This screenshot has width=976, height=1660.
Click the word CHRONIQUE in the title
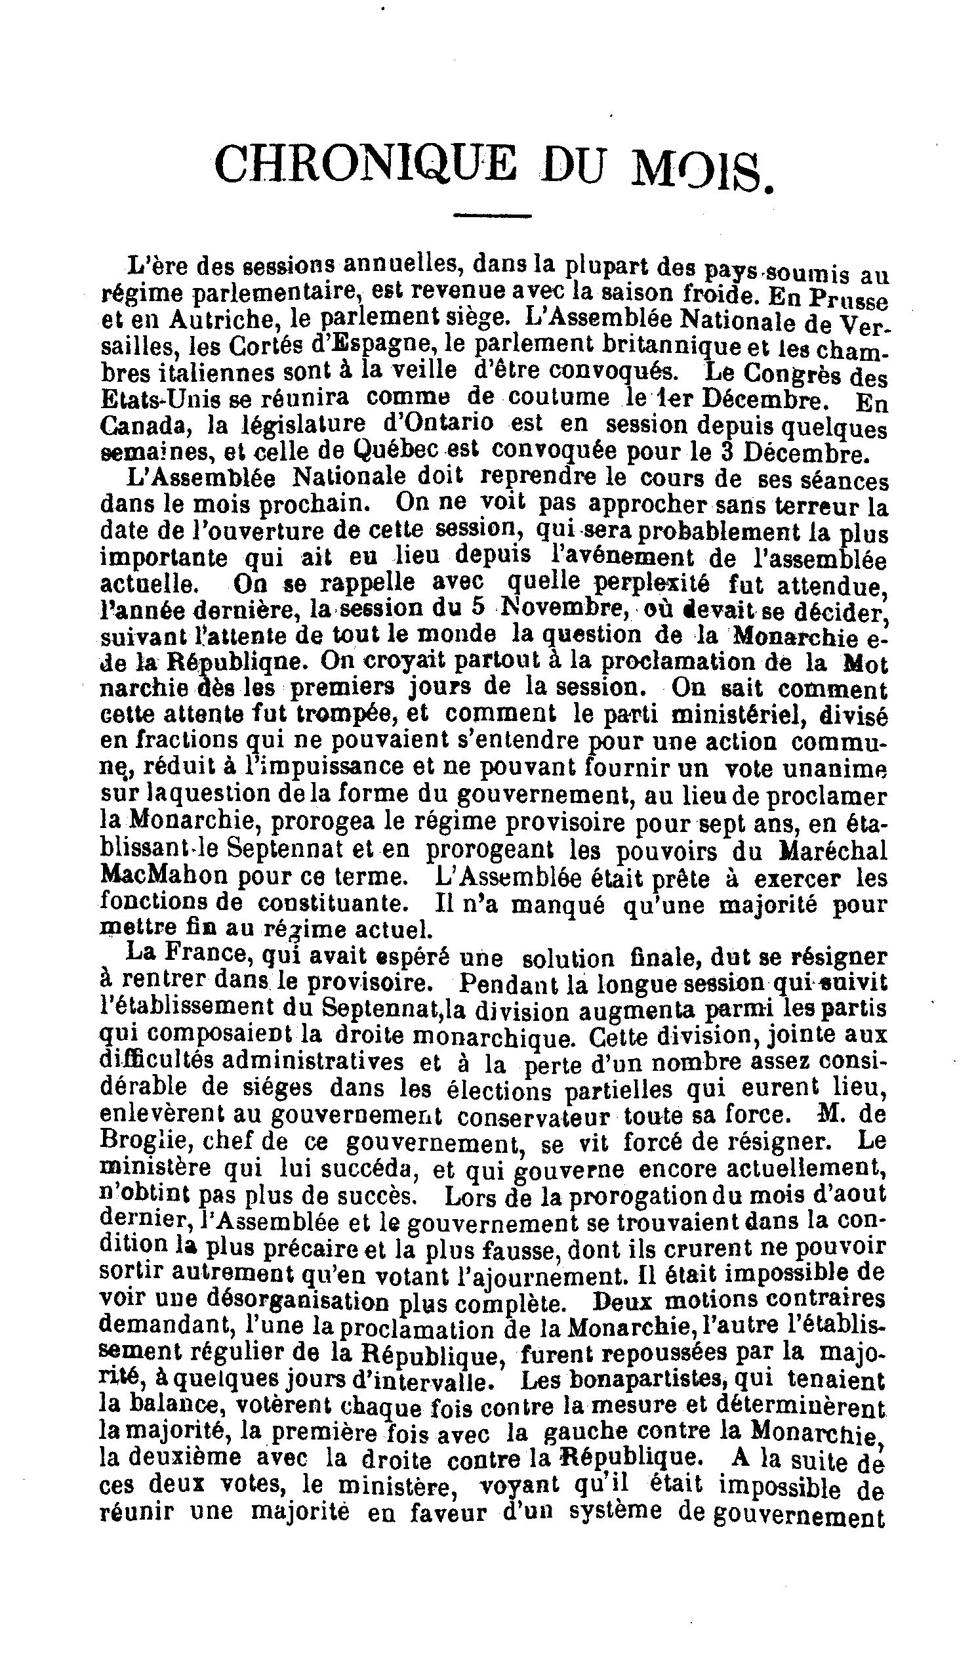click(x=365, y=164)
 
